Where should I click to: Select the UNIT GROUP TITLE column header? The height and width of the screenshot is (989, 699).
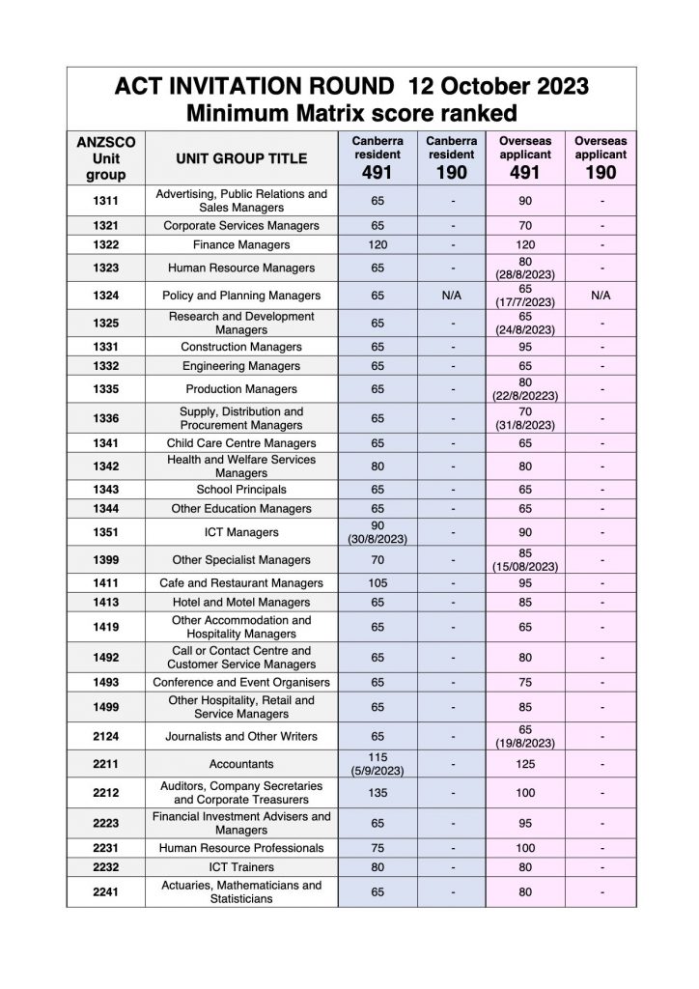tap(241, 157)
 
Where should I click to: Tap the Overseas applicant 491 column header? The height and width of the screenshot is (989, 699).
tap(525, 157)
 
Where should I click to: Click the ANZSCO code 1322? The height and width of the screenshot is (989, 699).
tap(106, 245)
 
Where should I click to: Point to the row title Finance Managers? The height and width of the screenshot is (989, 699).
tap(241, 245)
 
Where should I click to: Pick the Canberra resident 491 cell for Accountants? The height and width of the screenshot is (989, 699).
tap(377, 764)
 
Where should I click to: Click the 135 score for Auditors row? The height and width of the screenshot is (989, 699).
tap(377, 792)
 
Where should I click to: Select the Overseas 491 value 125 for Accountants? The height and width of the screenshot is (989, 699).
tap(525, 764)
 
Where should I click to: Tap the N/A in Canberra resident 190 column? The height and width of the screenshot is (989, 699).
tap(451, 295)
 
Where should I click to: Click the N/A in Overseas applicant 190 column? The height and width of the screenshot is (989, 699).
tap(601, 295)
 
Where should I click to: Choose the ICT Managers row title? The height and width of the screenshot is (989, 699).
tap(241, 532)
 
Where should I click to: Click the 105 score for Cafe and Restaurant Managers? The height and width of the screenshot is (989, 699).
tap(377, 582)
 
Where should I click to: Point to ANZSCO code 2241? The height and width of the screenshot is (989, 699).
tap(106, 891)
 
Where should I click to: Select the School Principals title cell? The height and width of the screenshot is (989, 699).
tap(241, 490)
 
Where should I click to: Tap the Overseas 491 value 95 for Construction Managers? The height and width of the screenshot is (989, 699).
tap(525, 347)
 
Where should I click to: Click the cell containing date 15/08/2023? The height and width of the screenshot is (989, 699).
tap(525, 559)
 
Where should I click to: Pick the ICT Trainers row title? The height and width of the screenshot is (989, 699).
tap(241, 866)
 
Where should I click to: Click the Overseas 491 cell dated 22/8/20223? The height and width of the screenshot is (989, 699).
tap(525, 389)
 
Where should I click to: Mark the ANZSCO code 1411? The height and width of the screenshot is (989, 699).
tap(106, 582)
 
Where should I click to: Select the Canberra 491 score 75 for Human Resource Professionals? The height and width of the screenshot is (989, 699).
tap(377, 847)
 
